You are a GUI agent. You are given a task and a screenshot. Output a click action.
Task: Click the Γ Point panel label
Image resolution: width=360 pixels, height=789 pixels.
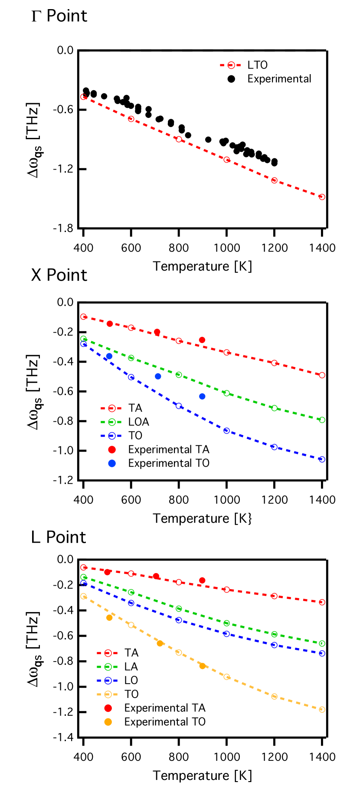point(59,16)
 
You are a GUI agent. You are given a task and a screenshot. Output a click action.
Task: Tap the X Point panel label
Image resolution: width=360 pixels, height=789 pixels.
point(59,275)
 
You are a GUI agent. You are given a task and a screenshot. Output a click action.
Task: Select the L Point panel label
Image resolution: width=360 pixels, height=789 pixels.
point(59,538)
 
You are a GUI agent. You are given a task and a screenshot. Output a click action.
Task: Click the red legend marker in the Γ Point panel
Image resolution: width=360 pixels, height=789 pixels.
point(231,65)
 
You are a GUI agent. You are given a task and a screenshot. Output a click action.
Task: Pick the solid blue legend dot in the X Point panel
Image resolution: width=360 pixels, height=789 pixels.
point(112,463)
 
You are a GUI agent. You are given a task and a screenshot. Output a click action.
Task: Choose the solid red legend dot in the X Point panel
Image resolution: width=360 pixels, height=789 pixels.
point(112,450)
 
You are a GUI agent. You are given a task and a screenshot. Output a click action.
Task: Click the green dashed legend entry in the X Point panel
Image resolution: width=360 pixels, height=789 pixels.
point(111,422)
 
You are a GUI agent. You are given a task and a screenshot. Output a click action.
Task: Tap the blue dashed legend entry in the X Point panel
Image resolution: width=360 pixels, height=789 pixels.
point(111,436)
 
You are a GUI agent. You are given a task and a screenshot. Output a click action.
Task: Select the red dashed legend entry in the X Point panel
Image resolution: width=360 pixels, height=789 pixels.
point(111,408)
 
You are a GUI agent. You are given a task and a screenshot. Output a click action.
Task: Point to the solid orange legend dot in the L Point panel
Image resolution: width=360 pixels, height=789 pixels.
point(108,722)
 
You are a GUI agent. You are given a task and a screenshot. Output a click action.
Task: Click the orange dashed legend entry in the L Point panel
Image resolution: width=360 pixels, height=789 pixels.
point(108,694)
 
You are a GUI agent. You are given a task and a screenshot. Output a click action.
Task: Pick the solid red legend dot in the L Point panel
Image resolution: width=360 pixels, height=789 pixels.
point(108,708)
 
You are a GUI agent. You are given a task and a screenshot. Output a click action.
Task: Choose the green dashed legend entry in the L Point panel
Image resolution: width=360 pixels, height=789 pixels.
point(108,667)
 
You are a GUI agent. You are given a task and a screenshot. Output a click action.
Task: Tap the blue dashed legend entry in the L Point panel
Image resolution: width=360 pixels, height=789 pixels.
point(108,681)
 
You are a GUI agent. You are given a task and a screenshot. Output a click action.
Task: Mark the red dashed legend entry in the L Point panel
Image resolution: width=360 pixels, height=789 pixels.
point(108,653)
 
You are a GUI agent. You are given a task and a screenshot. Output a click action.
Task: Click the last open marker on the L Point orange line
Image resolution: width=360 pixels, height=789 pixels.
point(322,709)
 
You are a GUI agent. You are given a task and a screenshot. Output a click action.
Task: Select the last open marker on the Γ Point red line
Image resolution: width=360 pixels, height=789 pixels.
point(322,197)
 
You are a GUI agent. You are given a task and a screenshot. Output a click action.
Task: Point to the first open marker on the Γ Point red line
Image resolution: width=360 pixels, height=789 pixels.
point(83,97)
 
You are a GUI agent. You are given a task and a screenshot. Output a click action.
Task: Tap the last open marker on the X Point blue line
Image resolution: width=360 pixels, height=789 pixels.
point(322,460)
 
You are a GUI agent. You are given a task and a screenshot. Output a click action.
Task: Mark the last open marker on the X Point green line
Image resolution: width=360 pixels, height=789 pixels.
point(322,420)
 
